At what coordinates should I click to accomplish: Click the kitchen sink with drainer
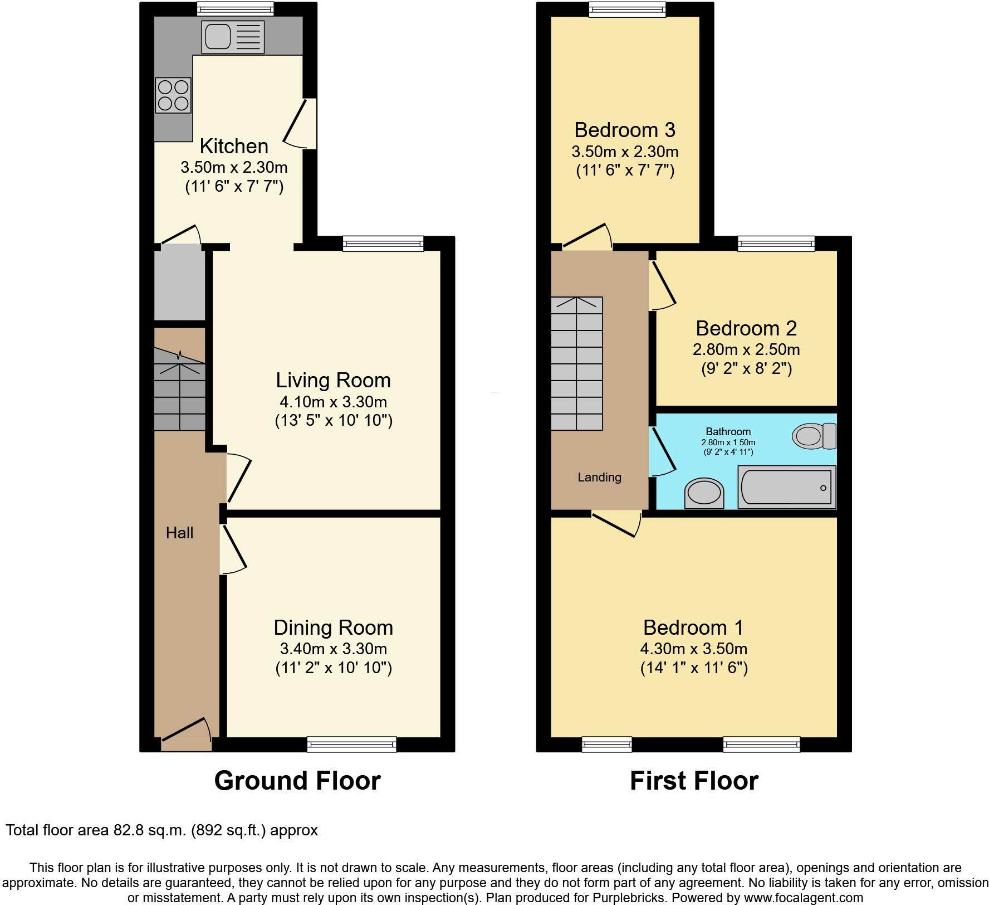233,37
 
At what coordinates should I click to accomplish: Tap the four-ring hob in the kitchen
173,95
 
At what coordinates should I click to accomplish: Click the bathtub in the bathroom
786,488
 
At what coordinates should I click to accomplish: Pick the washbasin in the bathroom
704,493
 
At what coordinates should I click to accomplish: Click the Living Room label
333,380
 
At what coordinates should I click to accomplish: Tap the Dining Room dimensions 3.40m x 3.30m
333,649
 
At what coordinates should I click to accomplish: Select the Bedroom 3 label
624,130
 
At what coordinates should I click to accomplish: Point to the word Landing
599,477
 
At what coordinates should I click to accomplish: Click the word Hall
179,533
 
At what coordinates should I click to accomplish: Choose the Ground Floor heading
297,781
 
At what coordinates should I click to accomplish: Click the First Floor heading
693,781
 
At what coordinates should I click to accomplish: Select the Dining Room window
351,744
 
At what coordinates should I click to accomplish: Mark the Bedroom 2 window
776,243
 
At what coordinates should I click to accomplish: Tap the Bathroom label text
728,431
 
